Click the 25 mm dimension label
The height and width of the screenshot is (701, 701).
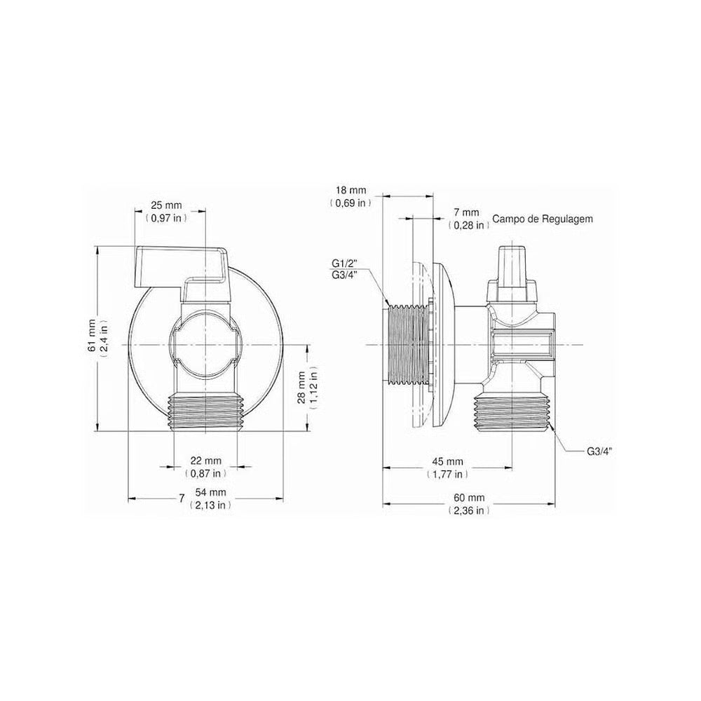coord(166,205)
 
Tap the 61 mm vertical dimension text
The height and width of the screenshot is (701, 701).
coord(92,335)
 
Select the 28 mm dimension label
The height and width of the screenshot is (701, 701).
coord(301,387)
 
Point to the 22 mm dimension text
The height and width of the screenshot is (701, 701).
coord(205,461)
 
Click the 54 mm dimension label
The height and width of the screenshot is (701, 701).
coord(210,492)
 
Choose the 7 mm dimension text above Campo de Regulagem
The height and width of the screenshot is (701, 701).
coord(466,213)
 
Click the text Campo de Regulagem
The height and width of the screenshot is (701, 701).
coord(543,219)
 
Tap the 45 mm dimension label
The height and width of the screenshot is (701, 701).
coord(447,461)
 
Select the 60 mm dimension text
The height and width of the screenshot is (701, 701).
coord(469,498)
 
